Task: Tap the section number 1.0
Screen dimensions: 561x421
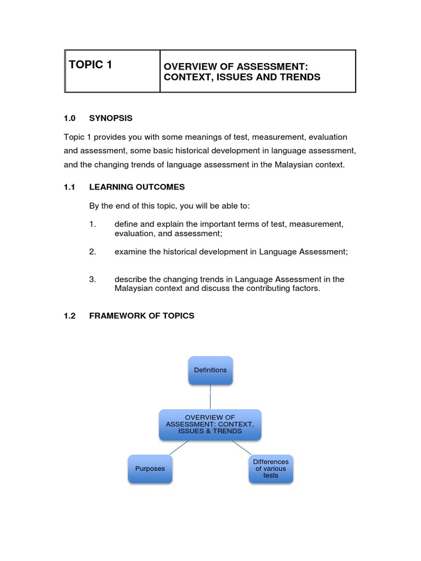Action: coord(70,118)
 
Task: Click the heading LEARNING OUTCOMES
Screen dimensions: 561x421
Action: coord(137,187)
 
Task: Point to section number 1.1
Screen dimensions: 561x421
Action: coord(69,187)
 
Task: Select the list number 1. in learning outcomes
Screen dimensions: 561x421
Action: coord(93,224)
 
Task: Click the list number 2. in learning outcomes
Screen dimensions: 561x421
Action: coord(93,251)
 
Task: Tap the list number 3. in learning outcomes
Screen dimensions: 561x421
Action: coord(93,279)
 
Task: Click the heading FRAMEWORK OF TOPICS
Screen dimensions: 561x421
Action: coord(141,316)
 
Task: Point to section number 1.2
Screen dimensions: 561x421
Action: coord(69,316)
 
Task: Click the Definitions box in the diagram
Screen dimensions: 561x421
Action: coord(210,370)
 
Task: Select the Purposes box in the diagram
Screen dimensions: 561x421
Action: coord(150,469)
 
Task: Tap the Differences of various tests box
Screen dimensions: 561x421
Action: coord(271,469)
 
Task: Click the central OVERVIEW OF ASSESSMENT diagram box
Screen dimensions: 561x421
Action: coord(210,425)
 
